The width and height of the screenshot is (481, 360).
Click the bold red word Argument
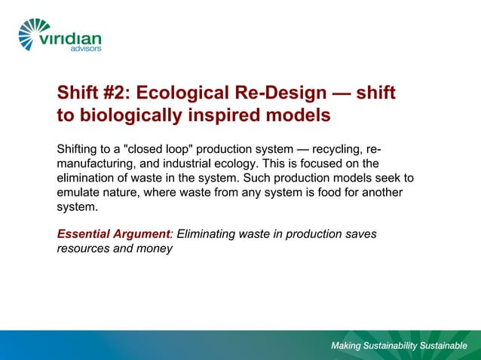pos(145,234)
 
